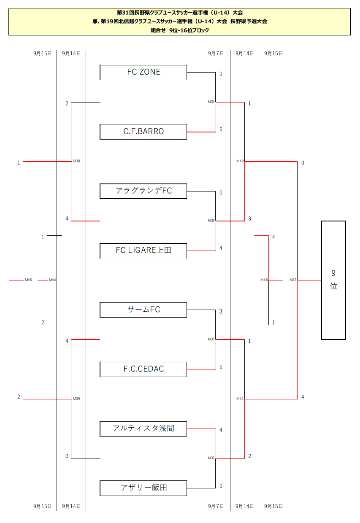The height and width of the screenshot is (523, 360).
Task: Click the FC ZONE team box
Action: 143,72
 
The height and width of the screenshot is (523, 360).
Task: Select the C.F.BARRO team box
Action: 143,132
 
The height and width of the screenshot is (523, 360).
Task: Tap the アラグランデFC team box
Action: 143,191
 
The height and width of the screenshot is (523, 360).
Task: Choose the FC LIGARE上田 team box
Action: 143,251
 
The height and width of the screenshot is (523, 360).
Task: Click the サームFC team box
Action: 143,310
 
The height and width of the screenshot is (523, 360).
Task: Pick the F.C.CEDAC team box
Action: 143,369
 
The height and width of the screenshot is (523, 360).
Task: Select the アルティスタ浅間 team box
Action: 143,429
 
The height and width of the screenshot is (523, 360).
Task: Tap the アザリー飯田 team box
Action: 143,488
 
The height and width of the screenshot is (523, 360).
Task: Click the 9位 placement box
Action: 333,280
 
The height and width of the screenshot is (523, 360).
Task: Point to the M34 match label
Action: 211,102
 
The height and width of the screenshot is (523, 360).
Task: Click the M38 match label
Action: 76,161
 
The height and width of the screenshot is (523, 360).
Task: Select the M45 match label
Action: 28,280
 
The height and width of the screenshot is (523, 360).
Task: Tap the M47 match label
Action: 293,280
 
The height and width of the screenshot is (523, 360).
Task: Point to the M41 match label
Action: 240,399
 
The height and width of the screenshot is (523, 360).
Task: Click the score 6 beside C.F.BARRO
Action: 221,129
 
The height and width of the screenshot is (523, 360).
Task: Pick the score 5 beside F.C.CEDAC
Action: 221,367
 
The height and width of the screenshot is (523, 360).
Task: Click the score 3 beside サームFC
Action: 221,312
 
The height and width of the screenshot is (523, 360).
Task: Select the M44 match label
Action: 52,280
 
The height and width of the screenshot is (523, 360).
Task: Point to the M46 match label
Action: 264,280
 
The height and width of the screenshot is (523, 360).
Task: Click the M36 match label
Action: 211,221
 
